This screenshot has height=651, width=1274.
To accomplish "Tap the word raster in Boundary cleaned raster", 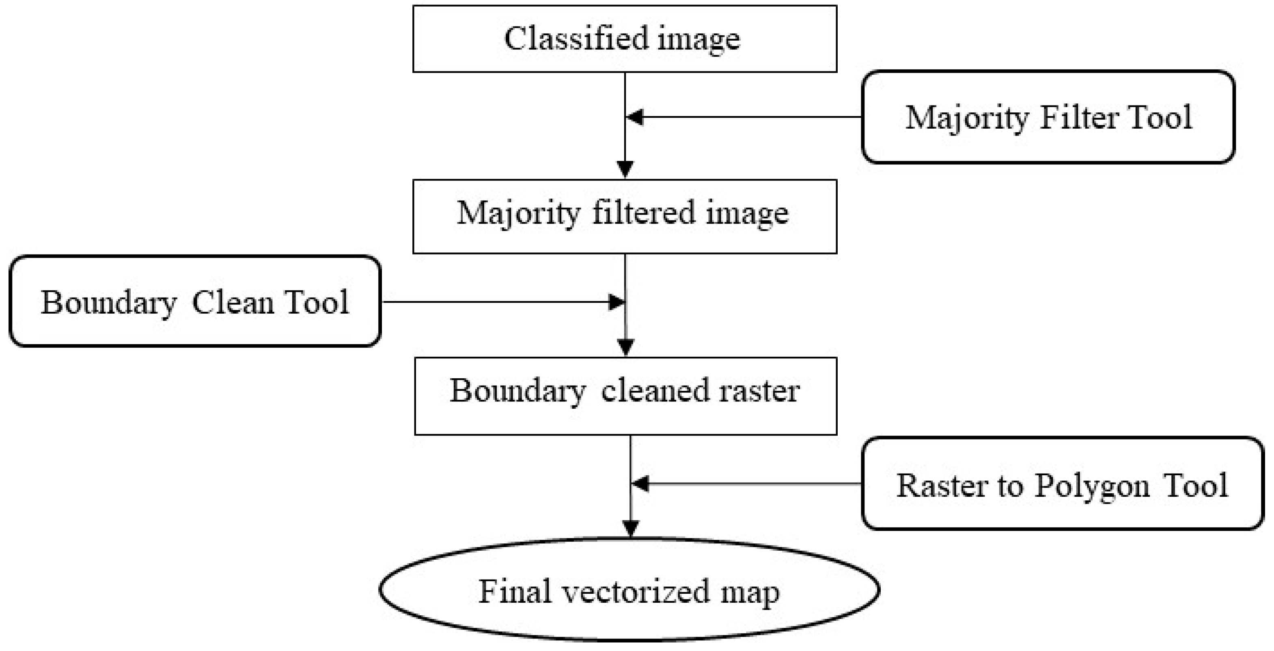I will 759,391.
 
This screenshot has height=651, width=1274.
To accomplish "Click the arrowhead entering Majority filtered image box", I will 625,169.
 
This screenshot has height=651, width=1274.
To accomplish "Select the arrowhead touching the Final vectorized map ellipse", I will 631,529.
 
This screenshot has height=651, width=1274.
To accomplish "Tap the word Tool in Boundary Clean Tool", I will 317,302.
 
